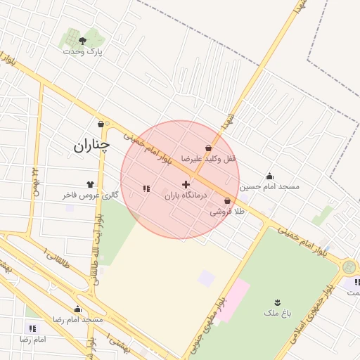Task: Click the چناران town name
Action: [92, 146]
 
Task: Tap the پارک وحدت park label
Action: [83, 51]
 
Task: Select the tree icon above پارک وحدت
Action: [83, 41]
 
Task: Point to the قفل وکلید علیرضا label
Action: [209, 159]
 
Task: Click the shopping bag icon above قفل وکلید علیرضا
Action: [209, 148]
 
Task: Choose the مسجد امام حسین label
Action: [269, 187]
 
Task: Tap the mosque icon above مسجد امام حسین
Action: [269, 176]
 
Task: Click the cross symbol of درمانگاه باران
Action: [186, 184]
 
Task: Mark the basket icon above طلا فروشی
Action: [227, 201]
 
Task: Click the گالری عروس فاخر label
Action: [90, 195]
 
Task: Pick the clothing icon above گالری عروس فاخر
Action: [90, 184]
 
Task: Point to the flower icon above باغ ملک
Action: [278, 302]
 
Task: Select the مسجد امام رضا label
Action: [78, 320]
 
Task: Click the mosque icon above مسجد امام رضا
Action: [78, 309]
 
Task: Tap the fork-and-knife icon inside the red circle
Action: [146, 188]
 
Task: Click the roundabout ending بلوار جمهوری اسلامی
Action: [349, 267]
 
